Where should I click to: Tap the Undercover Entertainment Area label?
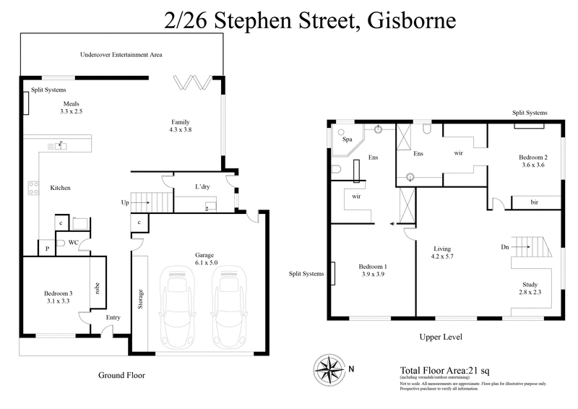[120, 54]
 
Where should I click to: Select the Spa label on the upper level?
[347, 139]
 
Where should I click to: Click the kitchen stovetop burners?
[33, 188]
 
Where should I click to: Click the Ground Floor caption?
[121, 375]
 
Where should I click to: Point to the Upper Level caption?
[441, 337]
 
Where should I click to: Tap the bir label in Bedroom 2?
[535, 202]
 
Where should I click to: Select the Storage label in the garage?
[141, 298]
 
